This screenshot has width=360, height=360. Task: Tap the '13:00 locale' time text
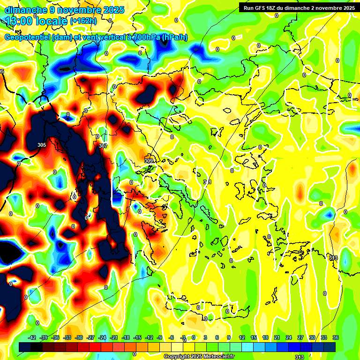click(36, 21)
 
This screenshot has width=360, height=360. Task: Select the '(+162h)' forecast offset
click(83, 21)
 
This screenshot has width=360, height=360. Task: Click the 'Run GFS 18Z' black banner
click(299, 7)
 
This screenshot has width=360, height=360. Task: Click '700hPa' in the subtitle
click(145, 38)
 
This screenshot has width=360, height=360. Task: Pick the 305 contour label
click(42, 145)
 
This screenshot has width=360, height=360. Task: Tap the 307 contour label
click(103, 146)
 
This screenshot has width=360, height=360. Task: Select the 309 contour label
click(149, 161)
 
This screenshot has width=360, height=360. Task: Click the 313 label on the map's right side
click(333, 258)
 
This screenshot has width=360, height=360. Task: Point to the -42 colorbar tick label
click(32, 337)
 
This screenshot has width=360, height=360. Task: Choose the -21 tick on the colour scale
click(114, 337)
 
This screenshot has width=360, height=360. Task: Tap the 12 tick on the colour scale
click(242, 337)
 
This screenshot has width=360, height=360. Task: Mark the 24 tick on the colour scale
click(288, 337)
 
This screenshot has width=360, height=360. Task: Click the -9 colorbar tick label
click(160, 337)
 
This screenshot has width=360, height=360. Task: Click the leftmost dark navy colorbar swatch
click(25, 347)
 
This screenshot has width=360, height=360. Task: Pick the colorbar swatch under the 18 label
click(265, 347)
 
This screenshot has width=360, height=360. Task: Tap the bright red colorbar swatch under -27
click(90, 347)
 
